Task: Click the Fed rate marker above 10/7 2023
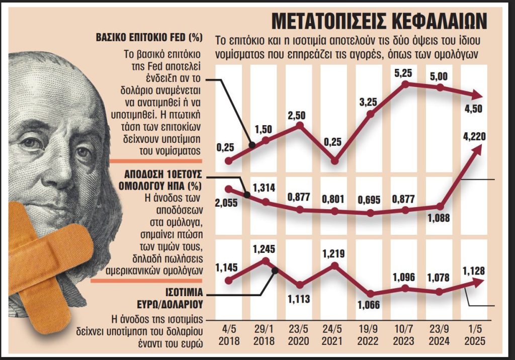[x=405, y=84]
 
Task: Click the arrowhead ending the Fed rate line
[x=479, y=96]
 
